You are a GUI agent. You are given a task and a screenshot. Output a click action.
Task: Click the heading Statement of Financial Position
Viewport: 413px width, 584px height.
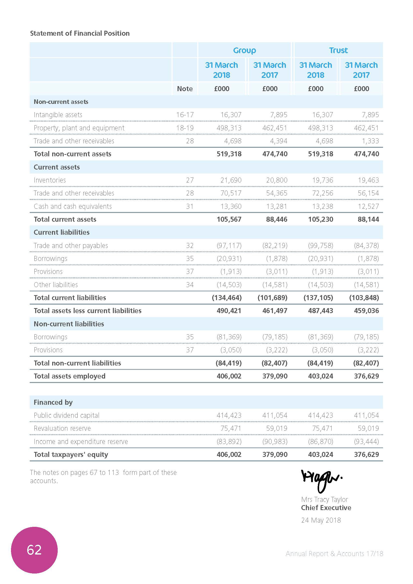click(80, 33)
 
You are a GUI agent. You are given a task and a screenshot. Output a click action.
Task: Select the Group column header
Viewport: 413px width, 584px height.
click(244, 50)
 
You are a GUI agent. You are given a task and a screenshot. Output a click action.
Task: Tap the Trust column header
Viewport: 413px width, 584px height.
click(338, 50)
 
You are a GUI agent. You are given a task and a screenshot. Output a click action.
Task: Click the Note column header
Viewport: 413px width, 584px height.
click(185, 89)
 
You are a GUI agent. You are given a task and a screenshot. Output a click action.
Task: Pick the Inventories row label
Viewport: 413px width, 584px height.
click(50, 180)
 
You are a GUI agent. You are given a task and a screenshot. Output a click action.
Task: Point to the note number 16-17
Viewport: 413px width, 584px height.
click(185, 115)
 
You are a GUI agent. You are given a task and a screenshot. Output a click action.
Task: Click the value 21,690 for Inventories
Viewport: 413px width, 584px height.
click(231, 180)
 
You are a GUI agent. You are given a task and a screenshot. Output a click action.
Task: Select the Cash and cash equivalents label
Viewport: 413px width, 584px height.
click(72, 206)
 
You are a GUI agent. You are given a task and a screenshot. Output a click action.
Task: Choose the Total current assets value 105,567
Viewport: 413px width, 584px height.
click(229, 219)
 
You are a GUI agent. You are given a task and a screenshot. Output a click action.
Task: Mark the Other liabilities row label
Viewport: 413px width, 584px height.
click(56, 285)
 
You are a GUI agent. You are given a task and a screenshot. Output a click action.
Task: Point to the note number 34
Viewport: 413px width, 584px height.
click(190, 285)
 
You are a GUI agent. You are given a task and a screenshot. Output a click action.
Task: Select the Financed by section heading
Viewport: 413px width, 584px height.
click(53, 402)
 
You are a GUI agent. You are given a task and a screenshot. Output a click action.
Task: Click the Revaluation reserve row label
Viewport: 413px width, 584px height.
click(62, 429)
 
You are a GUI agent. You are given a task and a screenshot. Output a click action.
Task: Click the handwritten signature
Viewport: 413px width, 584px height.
click(321, 480)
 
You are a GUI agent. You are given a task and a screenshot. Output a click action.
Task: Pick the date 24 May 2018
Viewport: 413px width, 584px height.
click(321, 520)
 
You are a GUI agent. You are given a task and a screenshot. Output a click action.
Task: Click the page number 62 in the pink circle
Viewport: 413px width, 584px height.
click(34, 550)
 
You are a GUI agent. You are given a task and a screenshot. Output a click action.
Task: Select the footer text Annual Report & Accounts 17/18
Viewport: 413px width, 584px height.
click(334, 554)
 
